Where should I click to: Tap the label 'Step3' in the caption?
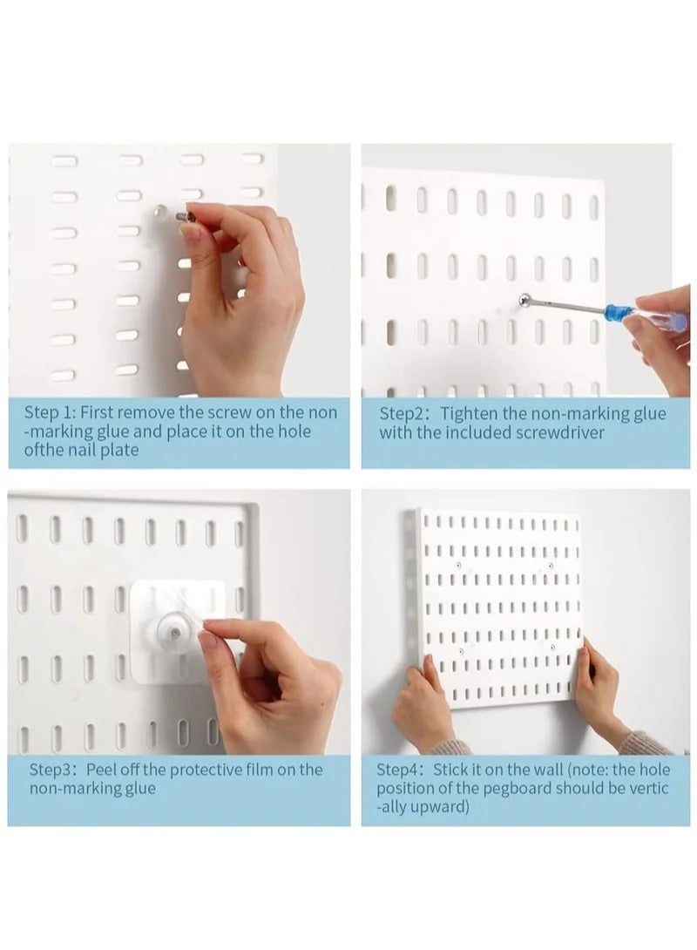tap(53, 770)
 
